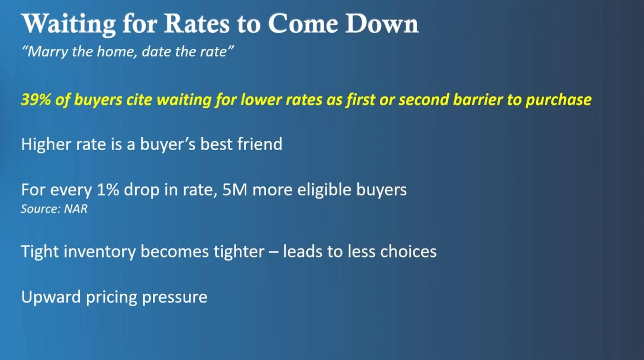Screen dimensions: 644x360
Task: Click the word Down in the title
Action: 382,23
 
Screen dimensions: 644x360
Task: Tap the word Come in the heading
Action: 303,23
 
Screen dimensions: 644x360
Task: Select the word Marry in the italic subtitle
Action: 45,52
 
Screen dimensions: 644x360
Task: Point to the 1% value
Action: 108,190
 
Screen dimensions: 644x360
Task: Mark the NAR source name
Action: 76,209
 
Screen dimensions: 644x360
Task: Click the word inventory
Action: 100,252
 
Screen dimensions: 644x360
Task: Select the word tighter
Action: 239,252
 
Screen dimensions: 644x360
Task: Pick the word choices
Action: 408,251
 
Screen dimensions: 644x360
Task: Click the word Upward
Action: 51,297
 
